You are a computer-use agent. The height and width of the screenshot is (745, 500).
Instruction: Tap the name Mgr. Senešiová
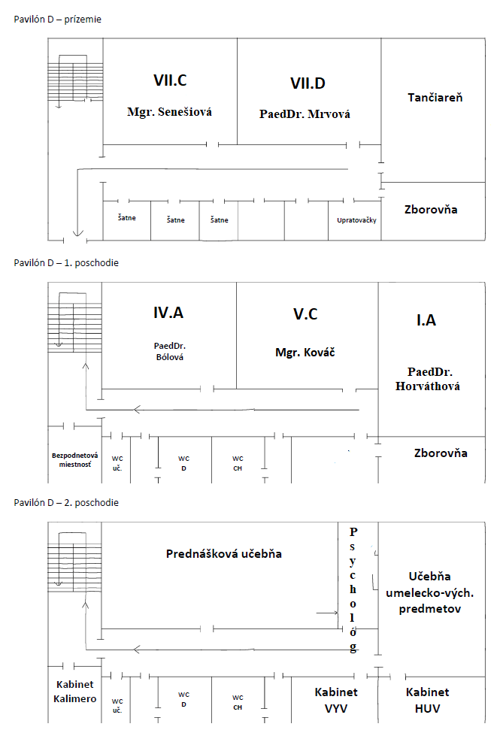coord(169,112)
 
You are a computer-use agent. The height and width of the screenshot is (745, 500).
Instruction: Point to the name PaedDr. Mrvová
coord(305,114)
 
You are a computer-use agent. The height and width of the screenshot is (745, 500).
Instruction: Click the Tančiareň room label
coord(435,98)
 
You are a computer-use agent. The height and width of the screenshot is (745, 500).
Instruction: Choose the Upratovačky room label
coord(356,220)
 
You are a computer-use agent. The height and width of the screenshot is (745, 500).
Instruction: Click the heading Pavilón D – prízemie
coord(57,20)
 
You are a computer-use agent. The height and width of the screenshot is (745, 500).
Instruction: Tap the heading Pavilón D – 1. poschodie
coord(66,263)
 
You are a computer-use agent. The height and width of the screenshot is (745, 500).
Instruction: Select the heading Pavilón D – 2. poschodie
coord(66,502)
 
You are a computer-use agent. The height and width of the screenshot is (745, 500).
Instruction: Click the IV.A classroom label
coord(168,313)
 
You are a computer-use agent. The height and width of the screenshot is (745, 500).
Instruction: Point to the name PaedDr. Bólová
coord(168,351)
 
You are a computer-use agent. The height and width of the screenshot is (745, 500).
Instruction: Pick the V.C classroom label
coord(305,314)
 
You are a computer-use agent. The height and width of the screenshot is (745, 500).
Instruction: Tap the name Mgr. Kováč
coord(305,351)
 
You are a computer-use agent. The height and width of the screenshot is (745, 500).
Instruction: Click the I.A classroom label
coord(426,320)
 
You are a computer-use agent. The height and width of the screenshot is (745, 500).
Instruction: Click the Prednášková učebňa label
coord(223,553)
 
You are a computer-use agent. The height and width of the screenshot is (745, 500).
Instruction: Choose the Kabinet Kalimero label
coord(74,692)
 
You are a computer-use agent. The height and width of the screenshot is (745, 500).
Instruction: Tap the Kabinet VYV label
coord(336,699)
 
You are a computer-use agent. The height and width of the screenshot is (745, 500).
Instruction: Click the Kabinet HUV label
coord(427,699)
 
